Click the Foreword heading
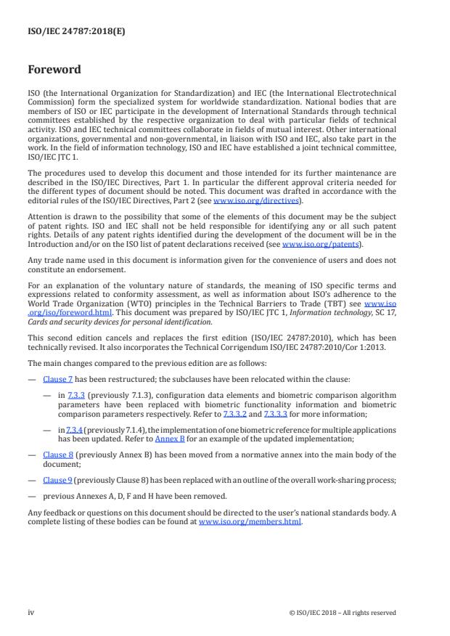click(54, 70)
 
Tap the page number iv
click(31, 612)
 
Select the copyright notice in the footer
click(342, 612)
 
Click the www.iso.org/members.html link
click(250, 521)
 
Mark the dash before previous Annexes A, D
click(31, 497)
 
